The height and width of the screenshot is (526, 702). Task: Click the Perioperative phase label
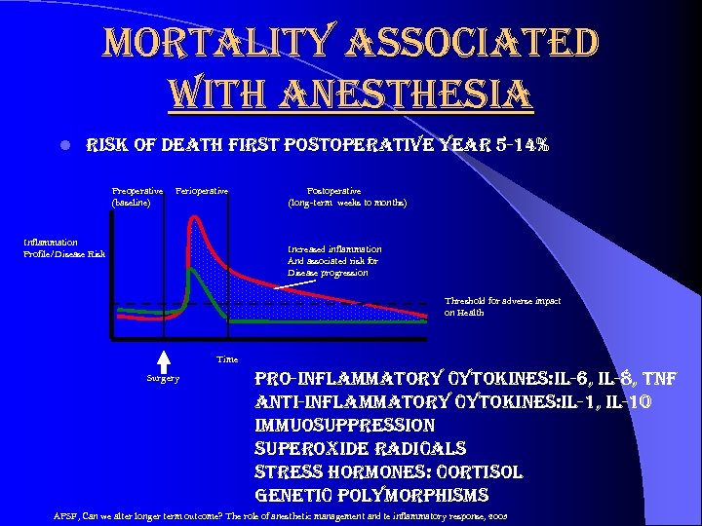pos(202,190)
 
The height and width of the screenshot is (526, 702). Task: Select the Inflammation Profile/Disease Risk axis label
pos(64,247)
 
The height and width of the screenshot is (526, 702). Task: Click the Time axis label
pos(226,358)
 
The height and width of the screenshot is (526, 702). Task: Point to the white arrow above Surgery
pos(164,358)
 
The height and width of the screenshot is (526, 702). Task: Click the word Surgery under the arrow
pos(163,377)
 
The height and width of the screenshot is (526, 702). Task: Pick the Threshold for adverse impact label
pos(502,306)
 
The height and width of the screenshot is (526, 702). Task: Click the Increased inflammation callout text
pos(334,260)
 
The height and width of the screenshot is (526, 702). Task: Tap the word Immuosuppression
pos(344,426)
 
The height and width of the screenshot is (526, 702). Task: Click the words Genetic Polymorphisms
pos(370,495)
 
